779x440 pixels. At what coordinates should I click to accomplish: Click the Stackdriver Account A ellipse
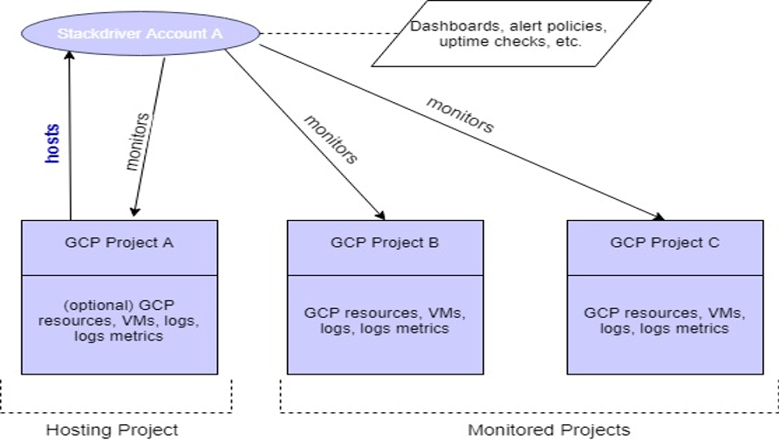coord(140,34)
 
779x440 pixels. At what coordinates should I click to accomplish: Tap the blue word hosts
coord(52,143)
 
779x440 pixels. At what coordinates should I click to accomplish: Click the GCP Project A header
coord(119,244)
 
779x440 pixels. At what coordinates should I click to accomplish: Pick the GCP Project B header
coord(385,244)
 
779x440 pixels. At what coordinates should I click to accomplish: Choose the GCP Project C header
coord(664,244)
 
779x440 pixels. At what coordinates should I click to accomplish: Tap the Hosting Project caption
coord(112,430)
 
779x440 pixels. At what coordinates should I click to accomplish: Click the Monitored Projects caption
coord(549,430)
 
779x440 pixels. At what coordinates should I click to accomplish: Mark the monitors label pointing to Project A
coord(140,141)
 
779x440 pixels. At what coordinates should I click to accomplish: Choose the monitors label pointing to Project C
coord(460,114)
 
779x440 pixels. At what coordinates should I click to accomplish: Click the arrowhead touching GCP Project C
coord(659,217)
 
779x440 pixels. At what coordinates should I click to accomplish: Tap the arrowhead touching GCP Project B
coord(379,214)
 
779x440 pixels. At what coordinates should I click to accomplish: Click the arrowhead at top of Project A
coord(134,210)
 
